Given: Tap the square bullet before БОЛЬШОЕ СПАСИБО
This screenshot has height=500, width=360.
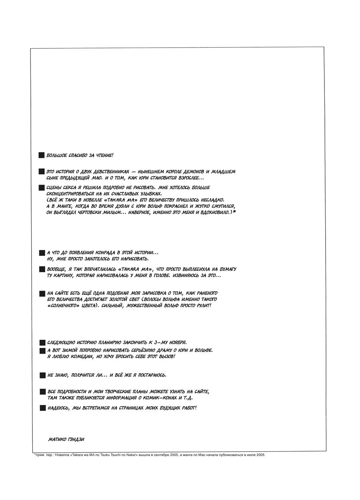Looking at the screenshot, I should pyautogui.click(x=41, y=155).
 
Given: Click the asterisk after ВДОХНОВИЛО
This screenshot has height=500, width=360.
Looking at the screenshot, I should pyautogui.click(x=234, y=212).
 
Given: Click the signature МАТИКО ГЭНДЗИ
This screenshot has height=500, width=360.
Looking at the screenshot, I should pyautogui.click(x=66, y=438).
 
